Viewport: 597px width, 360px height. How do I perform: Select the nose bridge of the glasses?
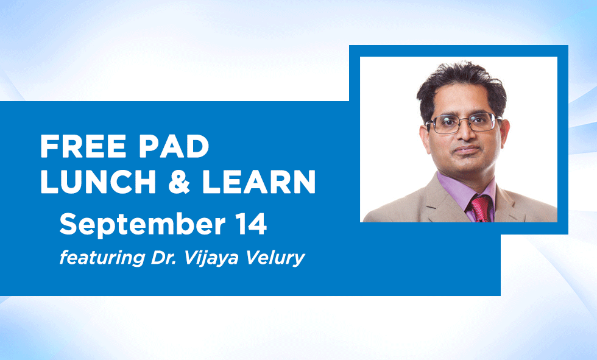click(465, 120)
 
